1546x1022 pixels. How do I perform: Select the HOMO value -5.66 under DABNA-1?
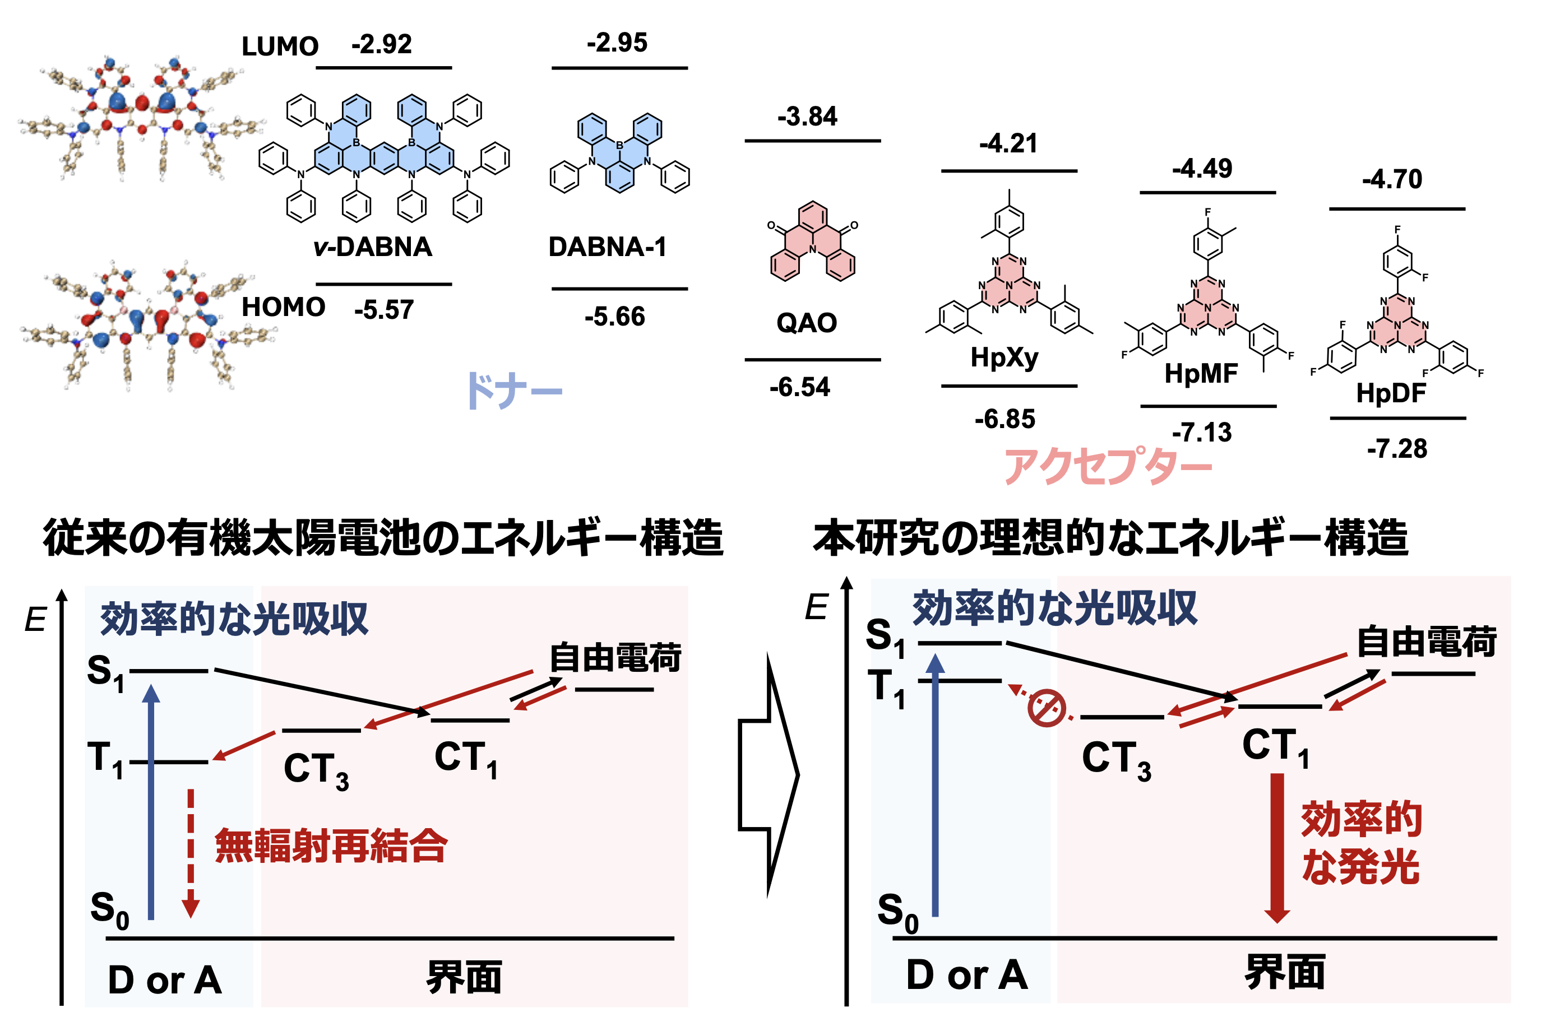(x=615, y=317)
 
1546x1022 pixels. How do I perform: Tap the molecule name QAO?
(x=807, y=323)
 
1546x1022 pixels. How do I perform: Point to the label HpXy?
(x=1004, y=358)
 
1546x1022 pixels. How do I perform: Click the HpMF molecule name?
(x=1201, y=374)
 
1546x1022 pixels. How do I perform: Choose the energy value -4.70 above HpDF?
(x=1392, y=179)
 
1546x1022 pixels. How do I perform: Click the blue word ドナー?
(x=514, y=391)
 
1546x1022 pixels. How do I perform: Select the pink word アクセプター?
(x=1108, y=466)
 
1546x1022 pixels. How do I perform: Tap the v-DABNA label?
(x=372, y=247)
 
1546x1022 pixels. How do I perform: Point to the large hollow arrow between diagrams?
(x=769, y=775)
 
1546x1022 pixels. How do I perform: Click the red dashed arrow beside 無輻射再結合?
(x=191, y=853)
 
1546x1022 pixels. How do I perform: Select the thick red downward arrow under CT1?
(x=1277, y=848)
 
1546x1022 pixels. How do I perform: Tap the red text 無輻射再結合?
(x=331, y=846)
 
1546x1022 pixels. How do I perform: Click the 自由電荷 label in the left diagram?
(x=615, y=657)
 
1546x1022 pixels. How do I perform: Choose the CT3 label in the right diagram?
(x=1116, y=759)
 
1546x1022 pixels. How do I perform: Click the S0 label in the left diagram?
(x=109, y=910)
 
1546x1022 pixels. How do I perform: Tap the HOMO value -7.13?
(x=1202, y=433)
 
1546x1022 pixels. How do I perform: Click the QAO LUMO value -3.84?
(x=807, y=117)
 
